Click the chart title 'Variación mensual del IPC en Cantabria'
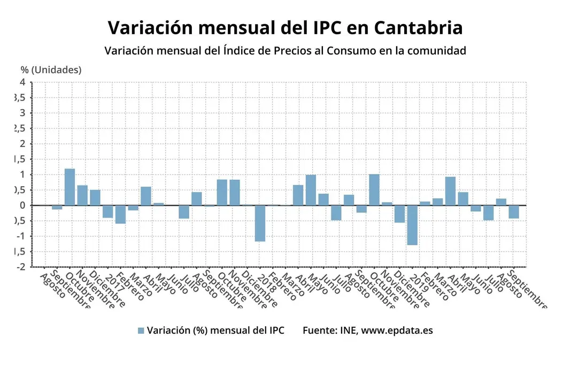coord(285,27)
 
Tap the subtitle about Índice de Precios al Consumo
coord(285,51)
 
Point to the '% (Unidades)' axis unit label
coord(51,70)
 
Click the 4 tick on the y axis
coord(22,82)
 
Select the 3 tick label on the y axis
coord(22,113)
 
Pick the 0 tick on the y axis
coord(22,205)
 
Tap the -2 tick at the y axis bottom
coord(21,267)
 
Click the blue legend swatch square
coord(141,330)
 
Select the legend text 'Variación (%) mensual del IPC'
coord(215,330)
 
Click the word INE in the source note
coord(348,330)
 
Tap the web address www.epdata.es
coord(397,330)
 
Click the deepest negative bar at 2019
coord(412,225)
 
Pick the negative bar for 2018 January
coord(260,223)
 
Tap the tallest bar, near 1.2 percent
coord(70,187)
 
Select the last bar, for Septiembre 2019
coord(514,212)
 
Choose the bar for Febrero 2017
coord(120,214)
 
